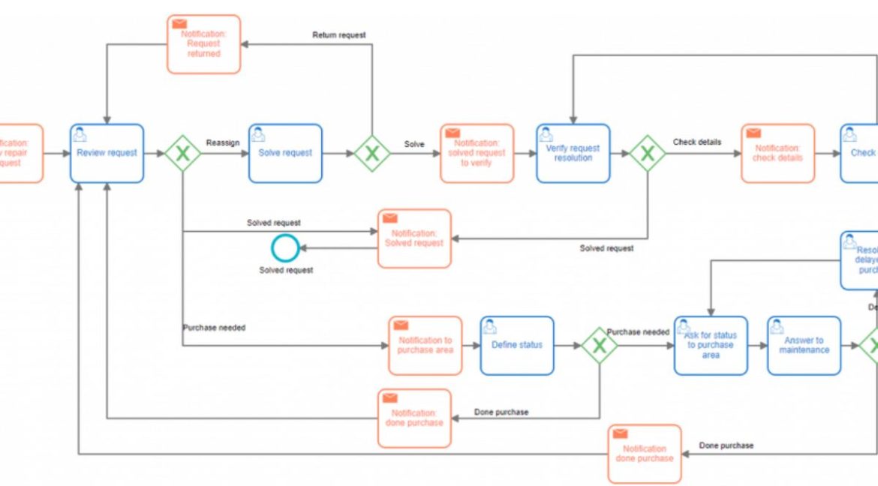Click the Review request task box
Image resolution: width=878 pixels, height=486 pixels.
(x=107, y=153)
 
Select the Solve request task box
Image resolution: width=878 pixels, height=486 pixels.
(x=285, y=153)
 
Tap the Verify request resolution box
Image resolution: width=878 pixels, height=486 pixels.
(x=573, y=153)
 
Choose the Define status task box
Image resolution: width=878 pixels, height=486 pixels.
(x=517, y=345)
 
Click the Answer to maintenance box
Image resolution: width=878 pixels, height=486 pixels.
(x=804, y=345)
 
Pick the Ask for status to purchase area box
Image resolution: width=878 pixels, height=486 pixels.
(x=710, y=345)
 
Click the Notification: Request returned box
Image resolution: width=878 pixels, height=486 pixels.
(x=203, y=44)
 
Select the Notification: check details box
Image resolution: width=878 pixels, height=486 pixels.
(x=778, y=153)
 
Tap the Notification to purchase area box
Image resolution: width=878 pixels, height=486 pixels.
(x=425, y=345)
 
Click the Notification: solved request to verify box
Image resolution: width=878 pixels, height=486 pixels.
(x=477, y=153)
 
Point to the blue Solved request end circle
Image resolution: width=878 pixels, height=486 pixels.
(x=285, y=248)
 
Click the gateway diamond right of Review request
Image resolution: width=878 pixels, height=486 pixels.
(x=182, y=154)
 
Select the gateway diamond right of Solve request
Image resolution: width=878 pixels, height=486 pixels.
(x=371, y=154)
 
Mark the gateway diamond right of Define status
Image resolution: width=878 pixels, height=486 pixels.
(x=600, y=345)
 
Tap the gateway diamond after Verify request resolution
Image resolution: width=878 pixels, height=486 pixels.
(x=647, y=154)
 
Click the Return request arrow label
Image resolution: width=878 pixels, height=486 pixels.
(x=339, y=35)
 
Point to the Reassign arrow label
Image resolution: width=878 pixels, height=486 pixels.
(x=223, y=142)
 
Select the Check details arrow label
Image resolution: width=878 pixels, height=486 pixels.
(x=697, y=142)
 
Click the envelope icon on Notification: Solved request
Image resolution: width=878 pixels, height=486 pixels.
(x=389, y=218)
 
